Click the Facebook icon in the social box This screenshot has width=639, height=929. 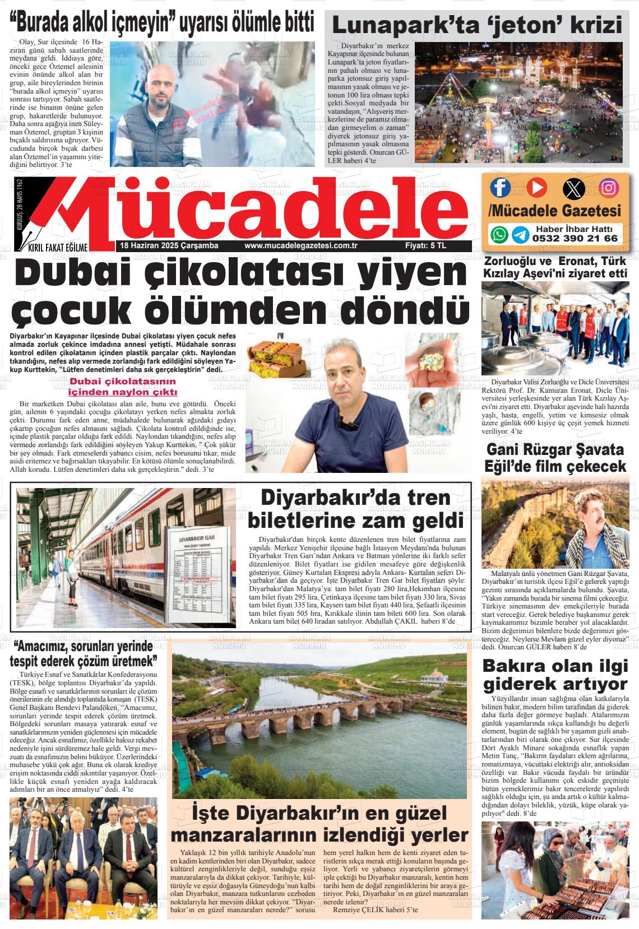coord(500,187)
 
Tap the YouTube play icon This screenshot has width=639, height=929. coord(535,187)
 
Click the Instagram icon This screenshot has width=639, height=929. coord(609,187)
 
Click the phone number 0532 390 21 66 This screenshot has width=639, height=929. coord(575,238)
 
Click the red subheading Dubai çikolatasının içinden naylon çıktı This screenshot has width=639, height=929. coord(123,387)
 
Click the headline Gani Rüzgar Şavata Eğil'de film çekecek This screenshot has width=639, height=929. coord(555,458)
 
